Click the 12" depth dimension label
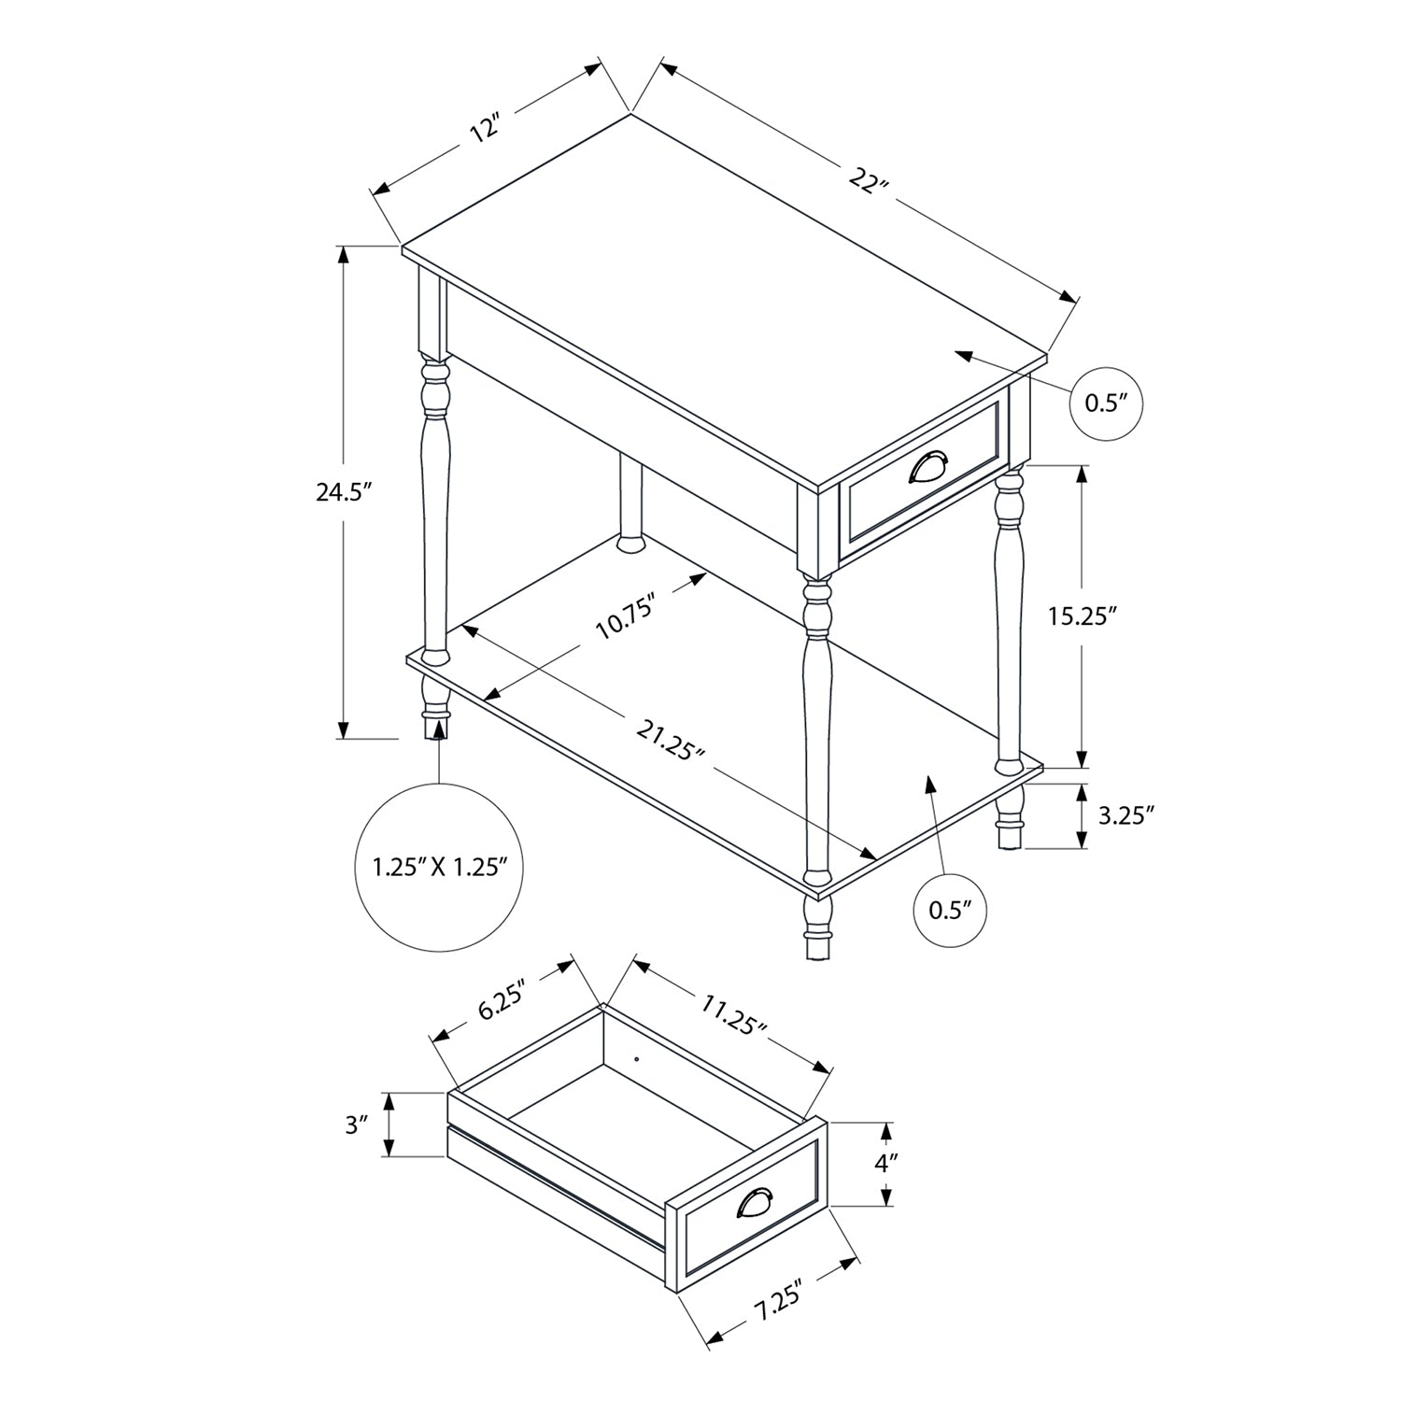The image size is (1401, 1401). [x=487, y=128]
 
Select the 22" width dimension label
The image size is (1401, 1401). [x=868, y=178]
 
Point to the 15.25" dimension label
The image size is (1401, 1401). [x=1082, y=616]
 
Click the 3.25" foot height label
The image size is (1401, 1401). [x=1126, y=815]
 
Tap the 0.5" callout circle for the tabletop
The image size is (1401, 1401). [x=1106, y=403]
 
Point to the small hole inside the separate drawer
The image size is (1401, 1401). [x=636, y=1060]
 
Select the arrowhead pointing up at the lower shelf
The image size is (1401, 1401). [x=929, y=783]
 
